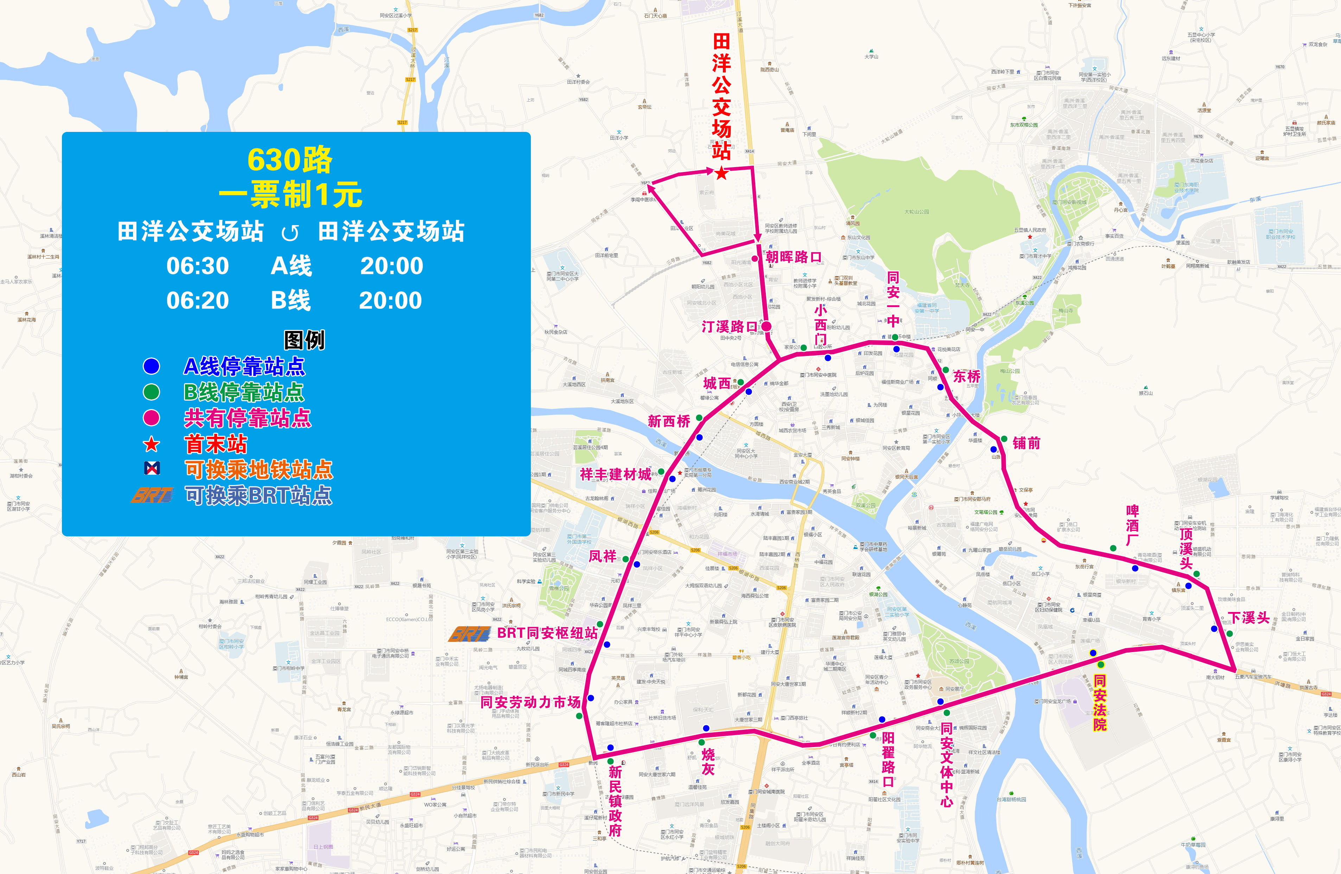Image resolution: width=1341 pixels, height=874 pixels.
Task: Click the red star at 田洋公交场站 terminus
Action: click(721, 173)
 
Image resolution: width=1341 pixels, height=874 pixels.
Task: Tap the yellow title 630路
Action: click(290, 160)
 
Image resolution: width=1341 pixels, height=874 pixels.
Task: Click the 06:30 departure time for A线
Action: click(198, 266)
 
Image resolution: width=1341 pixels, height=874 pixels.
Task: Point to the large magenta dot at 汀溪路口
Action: click(766, 326)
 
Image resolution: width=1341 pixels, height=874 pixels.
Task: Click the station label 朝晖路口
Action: click(793, 257)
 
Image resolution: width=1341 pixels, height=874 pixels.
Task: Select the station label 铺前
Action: click(1027, 444)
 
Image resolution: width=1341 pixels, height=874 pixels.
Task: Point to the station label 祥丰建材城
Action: click(615, 474)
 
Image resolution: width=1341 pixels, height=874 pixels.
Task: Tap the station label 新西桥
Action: click(669, 421)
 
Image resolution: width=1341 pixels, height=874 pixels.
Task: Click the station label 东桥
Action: click(967, 376)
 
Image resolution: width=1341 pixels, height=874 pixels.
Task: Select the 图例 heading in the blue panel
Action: click(304, 340)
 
